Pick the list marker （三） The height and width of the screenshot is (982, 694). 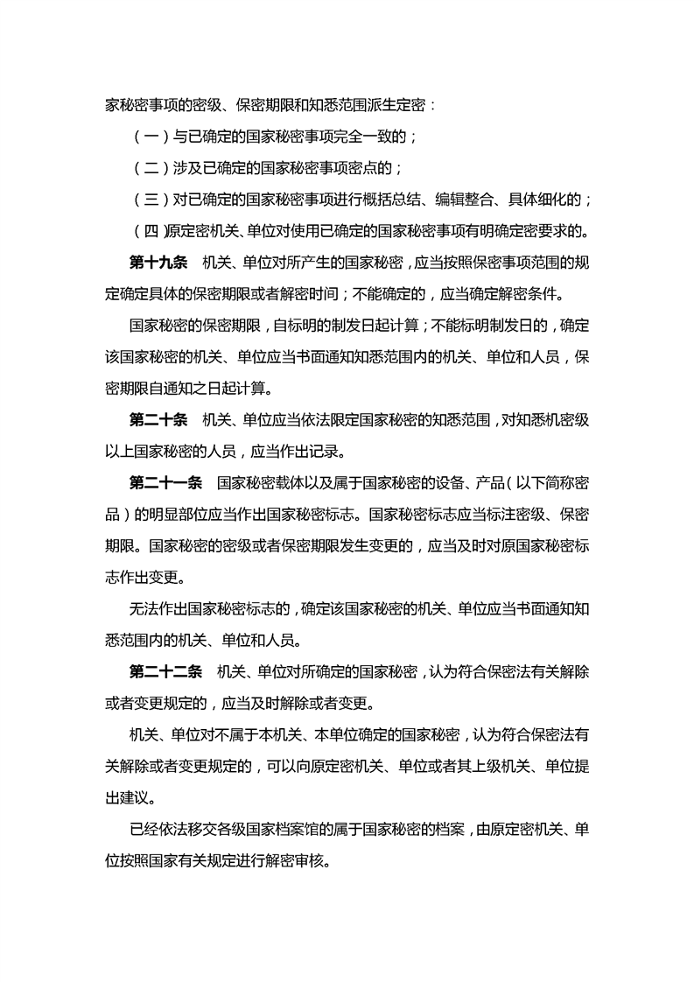point(146,200)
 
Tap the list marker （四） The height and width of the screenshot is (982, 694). point(146,232)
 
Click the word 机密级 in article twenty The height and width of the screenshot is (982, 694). point(560,421)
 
